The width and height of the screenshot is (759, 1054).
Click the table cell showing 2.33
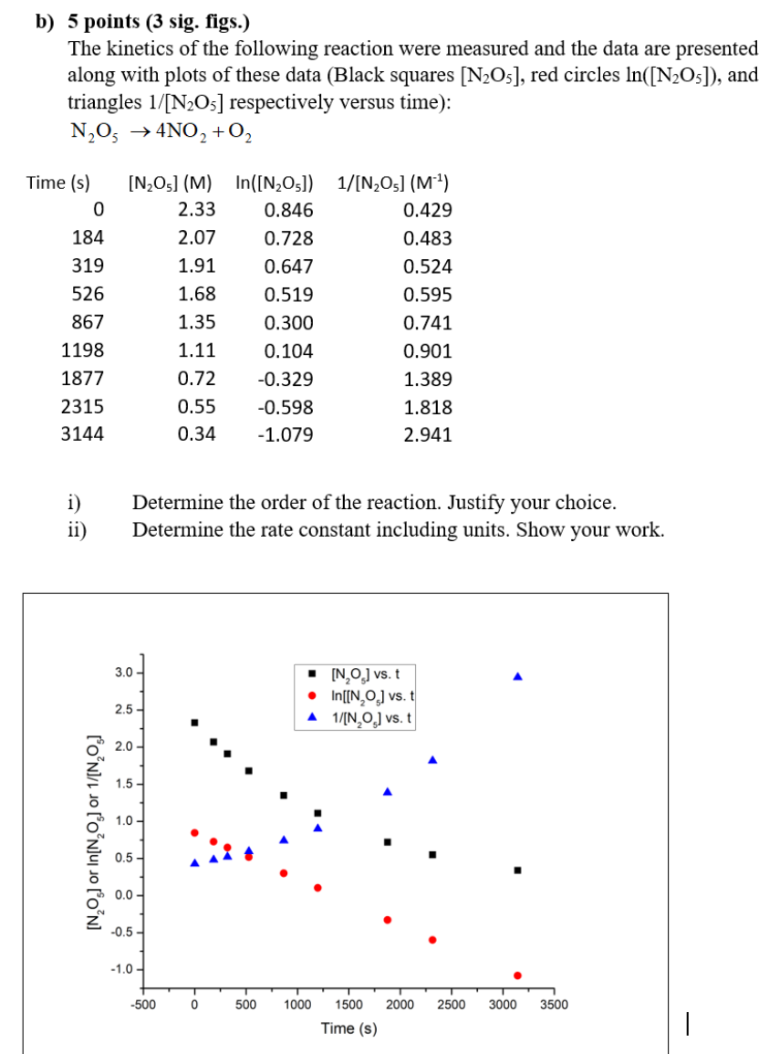point(197,210)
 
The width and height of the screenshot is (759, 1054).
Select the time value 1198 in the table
point(82,350)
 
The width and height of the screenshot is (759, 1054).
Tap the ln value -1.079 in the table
point(286,434)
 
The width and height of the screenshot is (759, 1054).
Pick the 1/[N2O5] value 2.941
point(427,434)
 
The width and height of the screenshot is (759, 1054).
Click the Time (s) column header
point(59,183)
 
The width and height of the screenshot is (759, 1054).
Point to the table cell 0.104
point(288,350)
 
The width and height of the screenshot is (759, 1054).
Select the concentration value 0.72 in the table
point(197,379)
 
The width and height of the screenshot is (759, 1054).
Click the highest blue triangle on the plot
point(517,676)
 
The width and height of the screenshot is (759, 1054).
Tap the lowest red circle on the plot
point(517,976)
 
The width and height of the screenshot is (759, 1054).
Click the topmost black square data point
point(194,723)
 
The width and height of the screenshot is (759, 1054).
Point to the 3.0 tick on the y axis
point(125,673)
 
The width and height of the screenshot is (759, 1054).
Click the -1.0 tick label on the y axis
point(123,969)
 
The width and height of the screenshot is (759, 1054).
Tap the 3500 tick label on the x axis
point(554,1005)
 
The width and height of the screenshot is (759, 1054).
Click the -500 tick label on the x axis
point(142,1005)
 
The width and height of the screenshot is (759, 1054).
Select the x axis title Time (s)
point(348,1028)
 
